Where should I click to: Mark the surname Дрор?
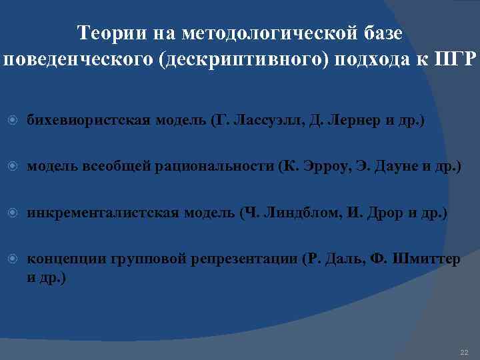click(380, 213)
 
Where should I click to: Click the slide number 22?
click(465, 351)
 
